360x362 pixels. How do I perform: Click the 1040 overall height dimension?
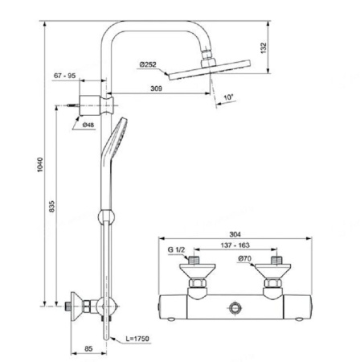click(39, 165)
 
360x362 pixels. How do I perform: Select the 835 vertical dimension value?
click(51, 206)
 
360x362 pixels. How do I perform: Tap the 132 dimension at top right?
click(264, 47)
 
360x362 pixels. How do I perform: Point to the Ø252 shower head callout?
click(148, 64)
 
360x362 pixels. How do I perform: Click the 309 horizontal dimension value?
click(156, 88)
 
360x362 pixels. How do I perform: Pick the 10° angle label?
click(228, 97)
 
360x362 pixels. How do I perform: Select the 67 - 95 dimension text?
click(64, 76)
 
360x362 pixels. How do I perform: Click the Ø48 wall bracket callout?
click(88, 125)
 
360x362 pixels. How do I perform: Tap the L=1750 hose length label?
click(137, 339)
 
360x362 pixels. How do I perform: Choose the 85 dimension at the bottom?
click(88, 348)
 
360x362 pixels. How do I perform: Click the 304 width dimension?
click(235, 234)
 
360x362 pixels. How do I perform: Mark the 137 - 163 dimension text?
click(235, 245)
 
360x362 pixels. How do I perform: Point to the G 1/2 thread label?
click(176, 249)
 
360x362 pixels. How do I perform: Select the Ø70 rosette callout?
click(245, 258)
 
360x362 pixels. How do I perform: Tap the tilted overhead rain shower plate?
click(210, 70)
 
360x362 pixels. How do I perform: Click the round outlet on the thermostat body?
click(235, 307)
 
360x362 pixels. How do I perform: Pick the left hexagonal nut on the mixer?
click(198, 283)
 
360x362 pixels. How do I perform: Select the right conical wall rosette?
click(272, 270)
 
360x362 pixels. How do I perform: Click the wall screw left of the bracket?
click(73, 105)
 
